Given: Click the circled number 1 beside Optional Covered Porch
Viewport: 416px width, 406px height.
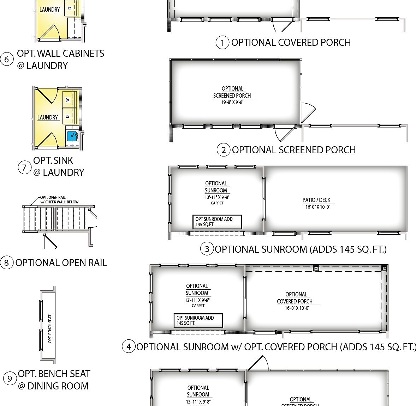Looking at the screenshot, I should tap(222, 43).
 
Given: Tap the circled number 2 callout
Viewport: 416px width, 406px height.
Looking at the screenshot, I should tap(223, 150).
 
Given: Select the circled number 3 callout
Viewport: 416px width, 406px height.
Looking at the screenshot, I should tap(207, 249).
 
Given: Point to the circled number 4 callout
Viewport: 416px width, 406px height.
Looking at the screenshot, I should tap(129, 347).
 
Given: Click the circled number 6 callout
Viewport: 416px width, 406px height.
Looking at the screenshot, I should tap(7, 60).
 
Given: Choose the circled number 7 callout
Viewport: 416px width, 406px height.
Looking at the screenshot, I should tap(24, 167).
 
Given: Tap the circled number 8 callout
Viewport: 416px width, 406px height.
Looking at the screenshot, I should tap(7, 263).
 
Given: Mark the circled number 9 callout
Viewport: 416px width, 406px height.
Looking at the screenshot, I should tap(10, 379).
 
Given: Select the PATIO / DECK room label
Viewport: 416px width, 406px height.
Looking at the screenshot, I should tap(316, 200).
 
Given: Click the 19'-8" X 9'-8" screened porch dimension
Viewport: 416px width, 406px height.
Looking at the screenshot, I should tap(232, 102).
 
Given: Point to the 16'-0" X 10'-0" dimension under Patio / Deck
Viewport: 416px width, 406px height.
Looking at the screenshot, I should tap(317, 207).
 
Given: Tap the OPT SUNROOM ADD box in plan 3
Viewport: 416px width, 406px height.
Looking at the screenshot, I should tap(217, 222).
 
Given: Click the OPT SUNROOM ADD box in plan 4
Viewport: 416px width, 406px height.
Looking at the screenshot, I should tap(198, 320).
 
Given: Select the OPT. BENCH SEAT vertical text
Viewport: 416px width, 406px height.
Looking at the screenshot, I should tap(50, 328).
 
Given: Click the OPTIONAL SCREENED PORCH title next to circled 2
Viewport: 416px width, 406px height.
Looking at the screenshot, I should tap(293, 150).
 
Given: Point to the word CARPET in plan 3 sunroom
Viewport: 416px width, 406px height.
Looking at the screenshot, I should tap(217, 203).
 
